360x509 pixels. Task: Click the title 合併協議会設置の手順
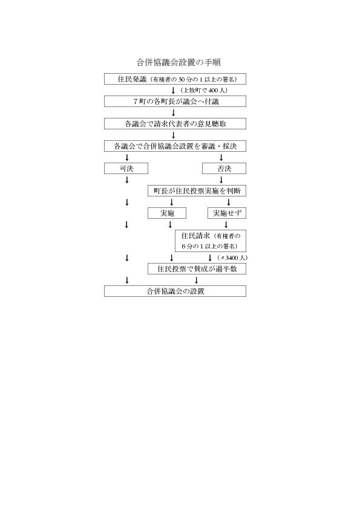(178, 62)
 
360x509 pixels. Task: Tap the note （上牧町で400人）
(204, 90)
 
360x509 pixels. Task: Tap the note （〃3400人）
(232, 258)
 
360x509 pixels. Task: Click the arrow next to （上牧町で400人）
(174, 90)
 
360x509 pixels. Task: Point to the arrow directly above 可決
(127, 157)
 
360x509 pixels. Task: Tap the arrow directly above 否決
(221, 157)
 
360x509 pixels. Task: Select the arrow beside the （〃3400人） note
(210, 258)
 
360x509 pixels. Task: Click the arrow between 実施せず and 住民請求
(226, 225)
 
